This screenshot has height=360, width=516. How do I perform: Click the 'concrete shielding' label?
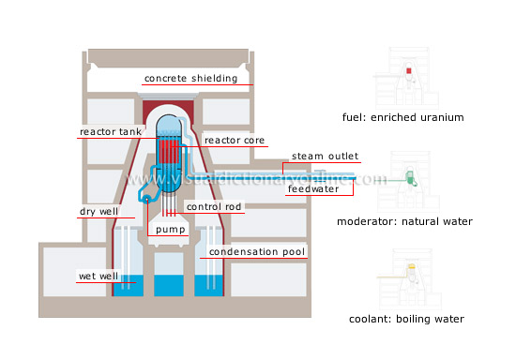coord(190,79)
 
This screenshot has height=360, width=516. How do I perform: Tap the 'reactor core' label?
coord(235,141)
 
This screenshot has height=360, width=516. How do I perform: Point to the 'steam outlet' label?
coord(325,156)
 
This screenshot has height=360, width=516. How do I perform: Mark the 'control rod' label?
coord(216,206)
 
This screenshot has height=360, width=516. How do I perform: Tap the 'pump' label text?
coord(170,228)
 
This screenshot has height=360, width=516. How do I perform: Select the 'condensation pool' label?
coord(257,252)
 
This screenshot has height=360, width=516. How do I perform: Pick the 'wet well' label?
coord(96,277)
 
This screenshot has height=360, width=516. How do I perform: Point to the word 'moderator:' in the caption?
coord(367,221)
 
